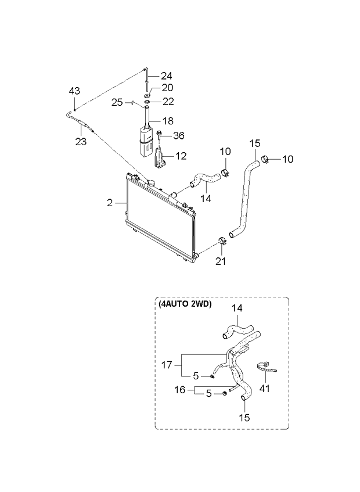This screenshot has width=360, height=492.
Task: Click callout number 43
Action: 74,91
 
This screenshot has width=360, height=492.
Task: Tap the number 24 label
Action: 167,76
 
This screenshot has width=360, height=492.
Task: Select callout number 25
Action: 117,102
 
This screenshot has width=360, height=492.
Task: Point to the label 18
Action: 167,123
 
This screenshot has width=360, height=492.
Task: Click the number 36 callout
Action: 178,136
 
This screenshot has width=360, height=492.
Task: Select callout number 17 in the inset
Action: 166,365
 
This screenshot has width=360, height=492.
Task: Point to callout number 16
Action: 181,390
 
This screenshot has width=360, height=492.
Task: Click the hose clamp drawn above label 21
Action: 221,240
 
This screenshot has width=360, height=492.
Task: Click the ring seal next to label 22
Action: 147,102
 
